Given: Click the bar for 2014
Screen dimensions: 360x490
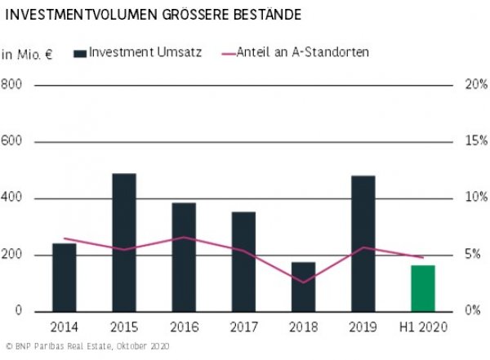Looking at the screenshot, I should pos(65,278).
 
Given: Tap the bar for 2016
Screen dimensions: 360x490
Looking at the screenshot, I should pos(184,257).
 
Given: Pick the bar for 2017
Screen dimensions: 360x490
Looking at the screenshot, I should pos(243,261).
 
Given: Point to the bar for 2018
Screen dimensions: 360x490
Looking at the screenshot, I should pos(303,287).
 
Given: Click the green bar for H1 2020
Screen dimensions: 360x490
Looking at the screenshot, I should pos(422,288).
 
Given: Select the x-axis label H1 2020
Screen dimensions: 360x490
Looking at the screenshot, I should pos(422,328).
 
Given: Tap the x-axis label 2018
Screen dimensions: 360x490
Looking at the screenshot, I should pos(303,328).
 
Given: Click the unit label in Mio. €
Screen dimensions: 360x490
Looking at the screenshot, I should pos(26,55).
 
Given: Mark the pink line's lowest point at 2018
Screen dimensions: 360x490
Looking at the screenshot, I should pos(303,282).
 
